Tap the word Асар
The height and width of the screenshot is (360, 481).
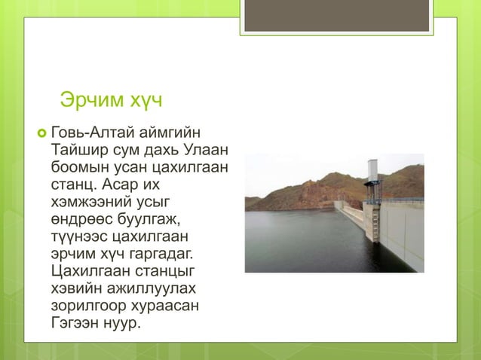pos(133,183)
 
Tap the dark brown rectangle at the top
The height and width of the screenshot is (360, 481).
pos(336,14)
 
